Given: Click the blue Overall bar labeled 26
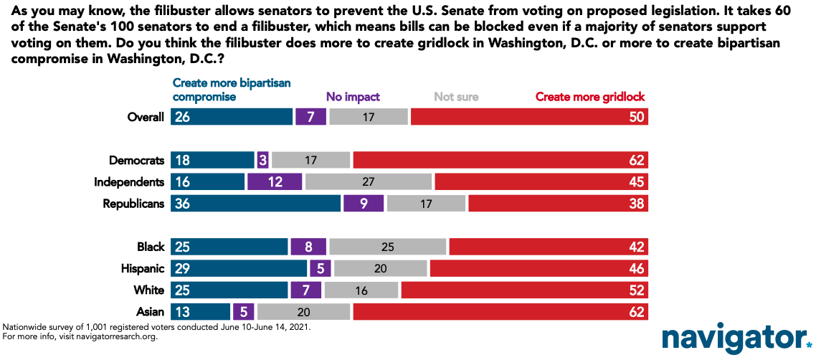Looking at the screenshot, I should coord(232,117).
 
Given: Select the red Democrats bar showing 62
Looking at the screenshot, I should coord(500,161).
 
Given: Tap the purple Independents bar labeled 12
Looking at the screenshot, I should coord(275,182).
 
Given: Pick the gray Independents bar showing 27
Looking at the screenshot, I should coord(369,182).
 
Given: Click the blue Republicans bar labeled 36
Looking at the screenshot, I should coord(255,204).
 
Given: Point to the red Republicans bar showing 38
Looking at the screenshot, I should coord(558,204).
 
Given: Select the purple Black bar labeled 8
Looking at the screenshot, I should coord(308,247).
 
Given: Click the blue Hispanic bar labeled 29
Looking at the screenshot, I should coord(239,269).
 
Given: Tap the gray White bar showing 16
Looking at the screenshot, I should coord(361,290).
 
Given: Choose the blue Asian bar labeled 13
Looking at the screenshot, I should coord(201,312).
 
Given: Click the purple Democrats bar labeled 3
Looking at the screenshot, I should coord(263,161).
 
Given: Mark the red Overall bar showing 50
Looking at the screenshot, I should coord(529,117).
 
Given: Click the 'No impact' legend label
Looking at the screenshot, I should coord(353,97).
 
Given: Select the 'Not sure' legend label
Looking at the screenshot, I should coord(456,97).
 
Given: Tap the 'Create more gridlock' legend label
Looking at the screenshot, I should coord(591,97).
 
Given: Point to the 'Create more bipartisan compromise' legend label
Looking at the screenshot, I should coord(232,90).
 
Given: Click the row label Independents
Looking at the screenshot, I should coord(129,182).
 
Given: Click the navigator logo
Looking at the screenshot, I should coord(732,338).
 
